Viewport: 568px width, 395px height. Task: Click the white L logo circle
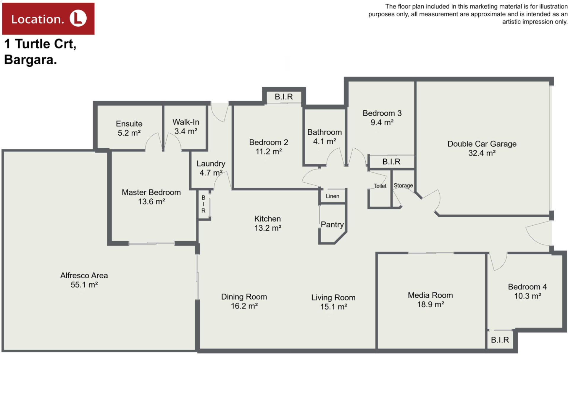tap(78, 18)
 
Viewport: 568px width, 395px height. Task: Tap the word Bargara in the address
tap(30, 60)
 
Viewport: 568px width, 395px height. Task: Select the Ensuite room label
tap(129, 128)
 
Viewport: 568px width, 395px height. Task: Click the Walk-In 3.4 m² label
tap(186, 126)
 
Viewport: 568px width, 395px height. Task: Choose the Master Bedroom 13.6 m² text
tap(151, 197)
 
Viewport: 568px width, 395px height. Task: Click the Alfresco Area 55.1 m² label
tap(84, 280)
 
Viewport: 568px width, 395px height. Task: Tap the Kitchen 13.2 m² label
tap(268, 223)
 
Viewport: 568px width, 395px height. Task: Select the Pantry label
tap(332, 224)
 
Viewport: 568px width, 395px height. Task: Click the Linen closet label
tap(333, 196)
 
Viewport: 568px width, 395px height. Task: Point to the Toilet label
tap(380, 186)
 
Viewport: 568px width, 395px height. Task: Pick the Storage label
tap(403, 185)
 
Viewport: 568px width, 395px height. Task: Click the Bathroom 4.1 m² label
tap(325, 137)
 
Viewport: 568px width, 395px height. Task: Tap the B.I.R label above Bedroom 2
tap(284, 97)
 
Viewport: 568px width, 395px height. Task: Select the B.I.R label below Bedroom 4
tap(500, 340)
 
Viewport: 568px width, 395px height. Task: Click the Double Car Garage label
tap(482, 148)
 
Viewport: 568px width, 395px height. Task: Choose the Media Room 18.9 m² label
tap(430, 300)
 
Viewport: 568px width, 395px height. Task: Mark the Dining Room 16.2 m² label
tap(244, 301)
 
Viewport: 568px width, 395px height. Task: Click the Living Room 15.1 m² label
tap(333, 302)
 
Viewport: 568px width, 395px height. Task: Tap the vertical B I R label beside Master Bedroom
tap(203, 204)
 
